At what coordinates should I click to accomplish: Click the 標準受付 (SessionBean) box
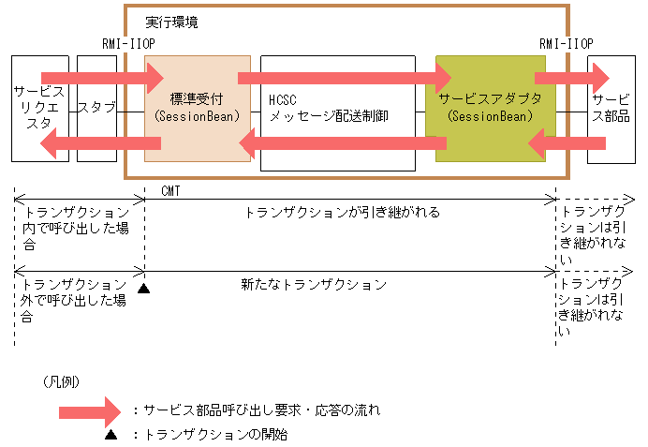pyautogui.click(x=197, y=108)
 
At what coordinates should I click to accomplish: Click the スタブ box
pyautogui.click(x=96, y=108)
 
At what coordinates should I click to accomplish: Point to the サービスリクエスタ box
pyautogui.click(x=38, y=108)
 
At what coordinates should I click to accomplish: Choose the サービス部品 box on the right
pyautogui.click(x=611, y=108)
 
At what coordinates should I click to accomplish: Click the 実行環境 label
pyautogui.click(x=172, y=22)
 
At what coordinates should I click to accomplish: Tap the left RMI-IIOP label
pyautogui.click(x=128, y=44)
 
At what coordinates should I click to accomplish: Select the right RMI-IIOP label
pyautogui.click(x=566, y=44)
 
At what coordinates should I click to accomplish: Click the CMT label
pyautogui.click(x=170, y=191)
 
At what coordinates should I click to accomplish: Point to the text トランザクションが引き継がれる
pyautogui.click(x=342, y=213)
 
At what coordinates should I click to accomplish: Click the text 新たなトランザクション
pyautogui.click(x=314, y=284)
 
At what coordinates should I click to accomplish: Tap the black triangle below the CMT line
pyautogui.click(x=143, y=288)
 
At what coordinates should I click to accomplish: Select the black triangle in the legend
pyautogui.click(x=110, y=435)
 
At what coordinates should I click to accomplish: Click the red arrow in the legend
pyautogui.click(x=89, y=410)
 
